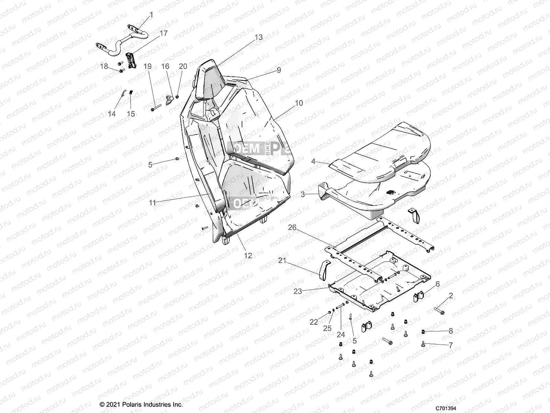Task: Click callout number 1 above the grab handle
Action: click(x=151, y=15)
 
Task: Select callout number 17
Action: click(x=164, y=33)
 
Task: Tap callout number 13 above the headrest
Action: click(x=258, y=37)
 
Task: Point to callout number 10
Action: click(x=299, y=103)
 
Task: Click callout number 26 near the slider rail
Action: click(x=292, y=227)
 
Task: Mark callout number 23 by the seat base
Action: click(x=297, y=291)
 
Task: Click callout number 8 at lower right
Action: click(x=451, y=331)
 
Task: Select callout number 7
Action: click(x=451, y=345)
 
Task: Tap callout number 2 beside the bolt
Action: click(x=451, y=296)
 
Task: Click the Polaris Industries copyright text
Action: click(x=141, y=404)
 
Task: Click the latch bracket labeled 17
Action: click(x=132, y=61)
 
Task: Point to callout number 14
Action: click(x=112, y=114)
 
